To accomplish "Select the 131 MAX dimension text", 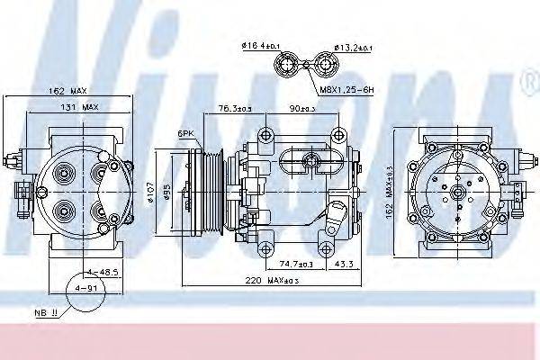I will [x=79, y=107].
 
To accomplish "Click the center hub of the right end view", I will [x=458, y=191].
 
